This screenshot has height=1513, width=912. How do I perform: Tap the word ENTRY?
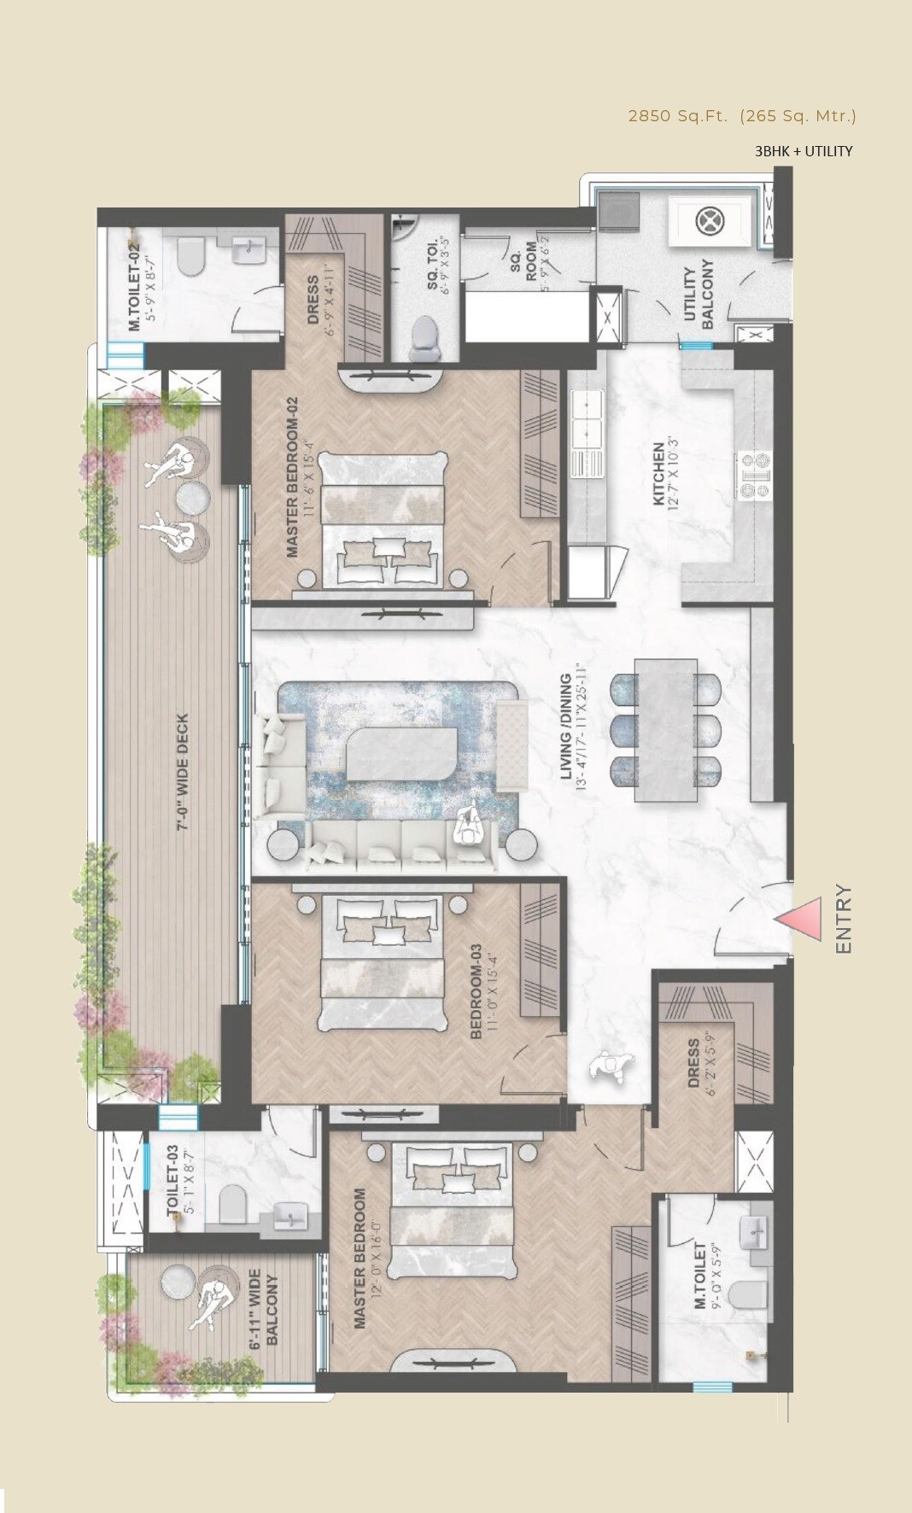coord(844,920)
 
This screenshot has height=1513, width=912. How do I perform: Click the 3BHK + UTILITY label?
coord(803,151)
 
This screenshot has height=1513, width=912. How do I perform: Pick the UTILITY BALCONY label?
coord(698,295)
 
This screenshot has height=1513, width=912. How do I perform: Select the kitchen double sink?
coord(588,424)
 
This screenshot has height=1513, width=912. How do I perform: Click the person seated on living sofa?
coord(468,827)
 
